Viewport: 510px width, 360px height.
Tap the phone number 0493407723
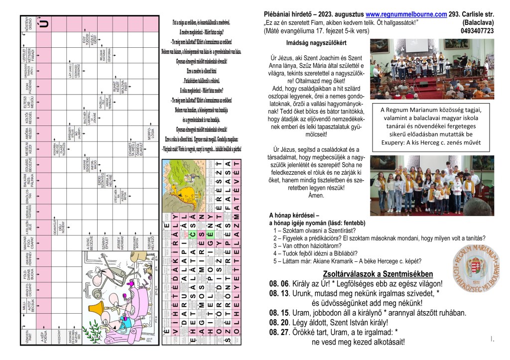coord(477,31)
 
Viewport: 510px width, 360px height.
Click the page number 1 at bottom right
coord(492,340)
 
